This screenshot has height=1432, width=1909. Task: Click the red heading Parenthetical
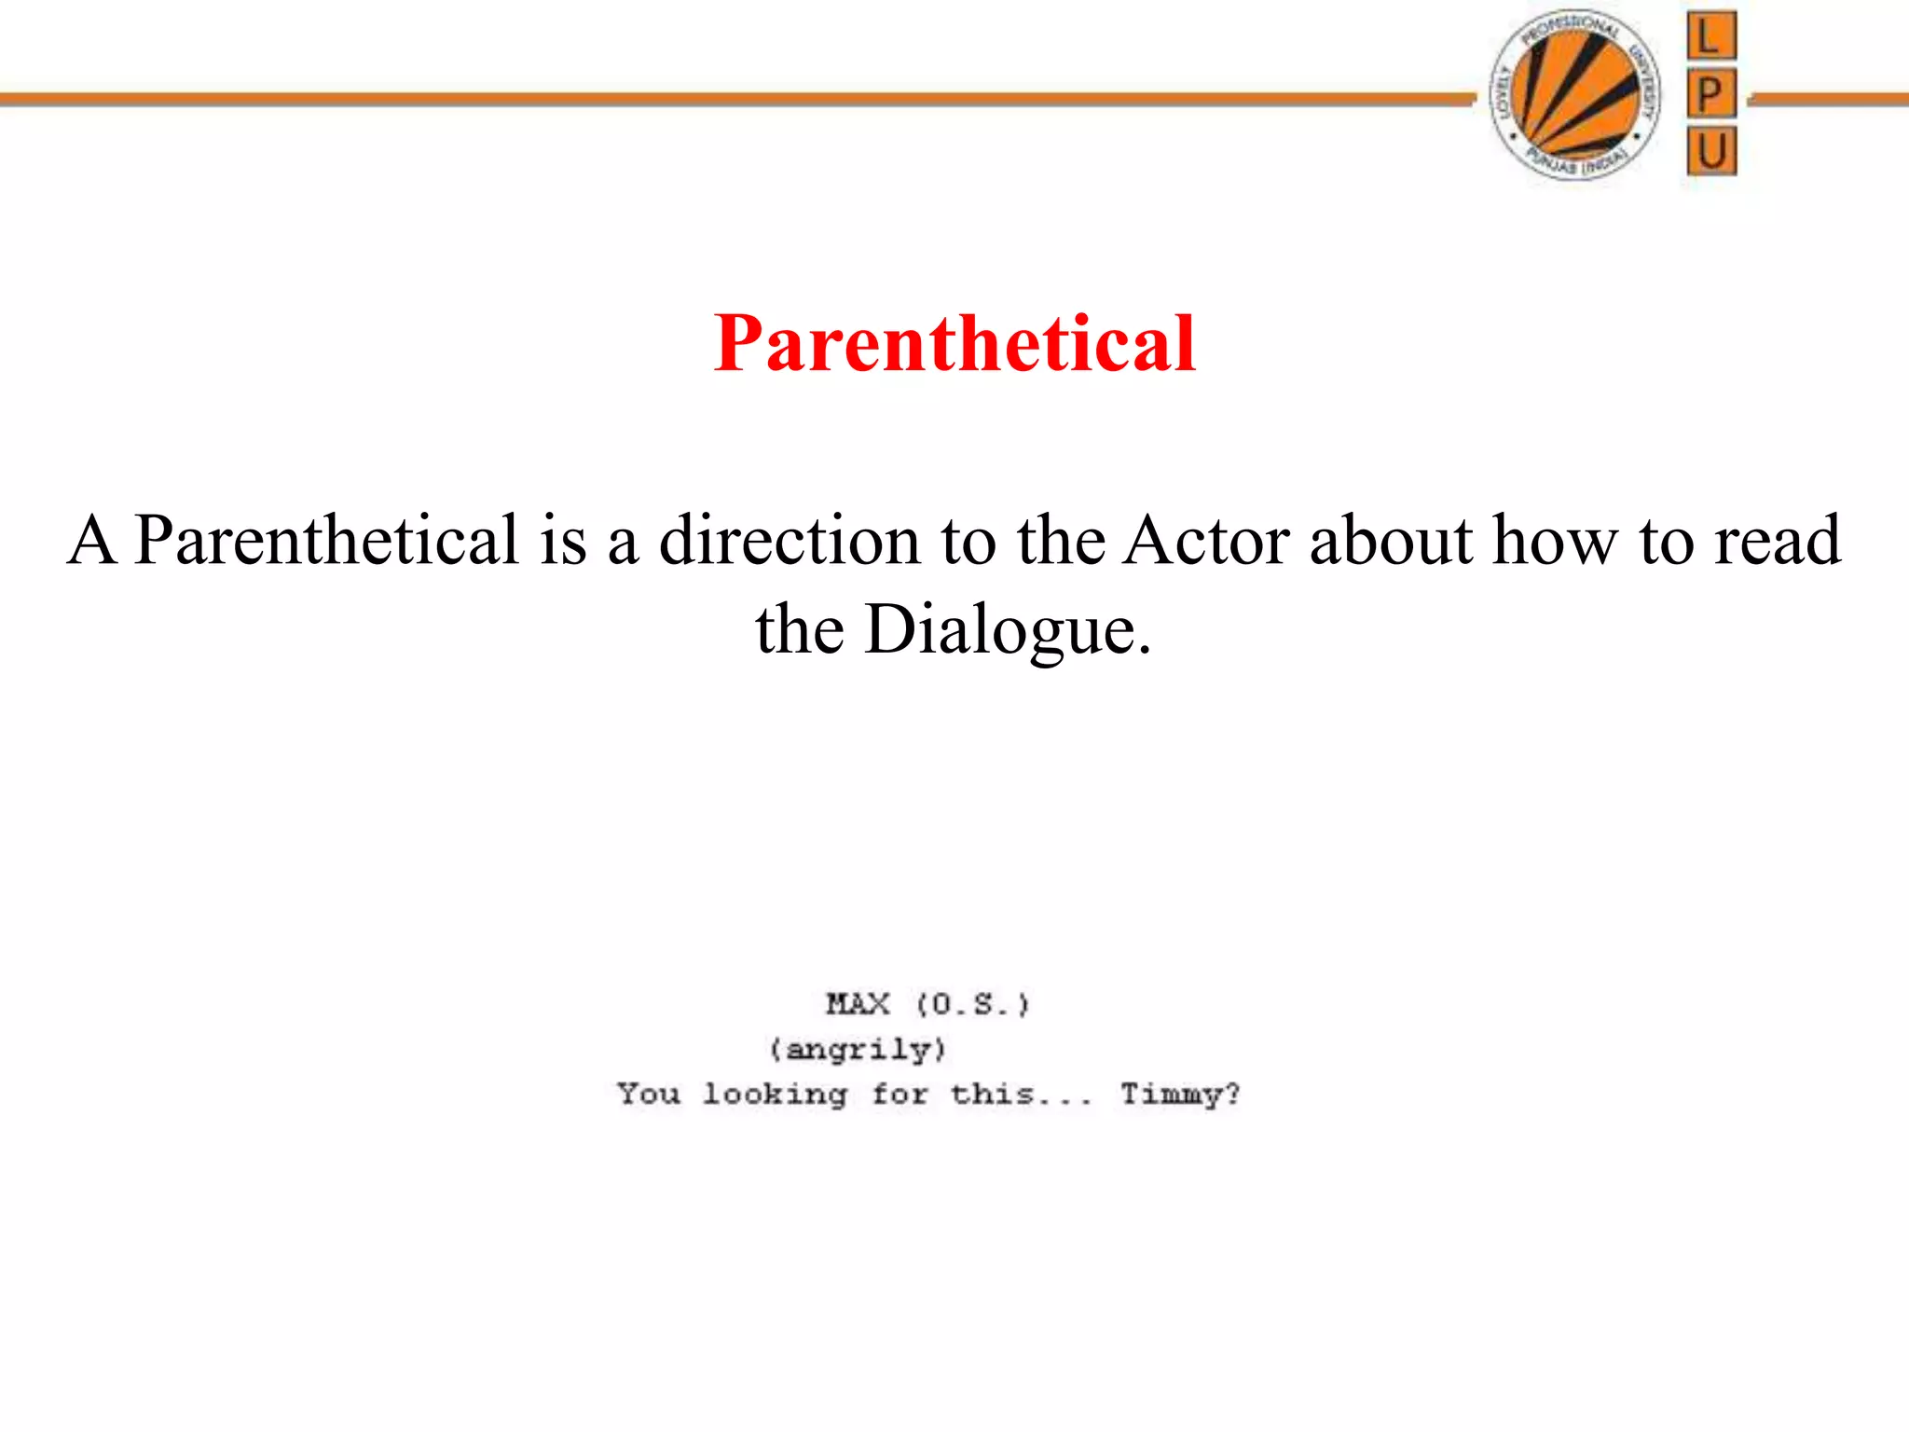954,344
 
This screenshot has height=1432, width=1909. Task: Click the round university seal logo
1575,95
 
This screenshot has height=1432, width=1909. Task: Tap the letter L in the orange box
1711,37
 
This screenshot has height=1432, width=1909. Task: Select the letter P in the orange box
1711,94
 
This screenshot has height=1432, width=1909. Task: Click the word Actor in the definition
1206,540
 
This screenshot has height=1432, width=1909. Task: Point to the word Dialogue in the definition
1009,629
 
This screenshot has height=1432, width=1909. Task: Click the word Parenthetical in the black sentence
326,540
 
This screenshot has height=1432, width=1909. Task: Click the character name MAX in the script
858,1004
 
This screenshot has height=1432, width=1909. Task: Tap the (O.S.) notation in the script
972,1004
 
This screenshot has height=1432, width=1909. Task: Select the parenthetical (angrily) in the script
858,1050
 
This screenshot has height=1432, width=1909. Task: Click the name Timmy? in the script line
1180,1094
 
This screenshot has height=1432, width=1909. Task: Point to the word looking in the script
775,1094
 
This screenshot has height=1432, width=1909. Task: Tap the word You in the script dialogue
649,1094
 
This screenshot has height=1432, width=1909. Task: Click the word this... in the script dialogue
1021,1094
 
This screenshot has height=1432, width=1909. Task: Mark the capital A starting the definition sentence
92,540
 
